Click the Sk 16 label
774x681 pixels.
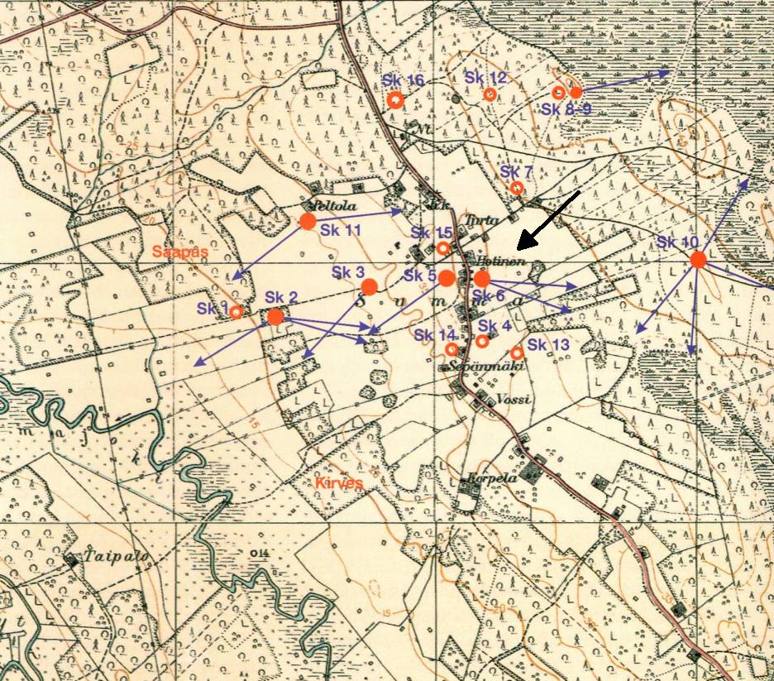pyautogui.click(x=403, y=80)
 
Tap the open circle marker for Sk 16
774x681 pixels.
pyautogui.click(x=395, y=100)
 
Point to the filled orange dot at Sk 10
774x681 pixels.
pyautogui.click(x=697, y=260)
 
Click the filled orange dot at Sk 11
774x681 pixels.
pyautogui.click(x=308, y=221)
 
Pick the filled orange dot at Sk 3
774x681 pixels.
pyautogui.click(x=370, y=286)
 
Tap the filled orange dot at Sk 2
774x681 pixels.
pyautogui.click(x=275, y=316)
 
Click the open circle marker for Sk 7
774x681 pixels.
pyautogui.click(x=517, y=188)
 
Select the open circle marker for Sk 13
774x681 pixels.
pyautogui.click(x=517, y=352)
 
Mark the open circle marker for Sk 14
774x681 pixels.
pyautogui.click(x=451, y=349)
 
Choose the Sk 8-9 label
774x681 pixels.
pyautogui.click(x=566, y=109)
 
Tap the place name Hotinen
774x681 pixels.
pyautogui.click(x=496, y=261)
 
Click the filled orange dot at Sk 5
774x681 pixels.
pyautogui.click(x=446, y=277)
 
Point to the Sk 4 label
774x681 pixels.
pyautogui.click(x=489, y=326)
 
